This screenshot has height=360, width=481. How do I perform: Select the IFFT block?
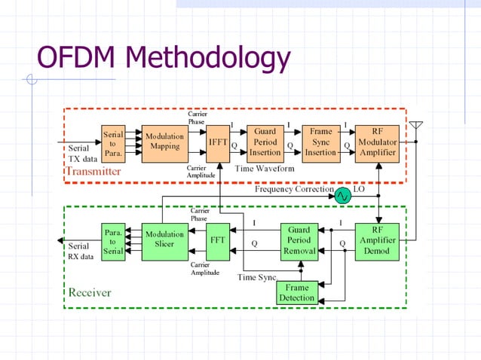[x=218, y=142]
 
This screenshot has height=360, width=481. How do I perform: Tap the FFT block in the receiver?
[x=218, y=242]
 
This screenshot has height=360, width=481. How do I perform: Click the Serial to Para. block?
[x=113, y=142]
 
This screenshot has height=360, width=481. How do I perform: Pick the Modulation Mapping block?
[x=164, y=142]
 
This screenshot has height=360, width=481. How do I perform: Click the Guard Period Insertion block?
[x=265, y=142]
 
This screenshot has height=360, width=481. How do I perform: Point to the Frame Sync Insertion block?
[x=320, y=142]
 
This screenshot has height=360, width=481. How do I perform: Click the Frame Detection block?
[x=297, y=293]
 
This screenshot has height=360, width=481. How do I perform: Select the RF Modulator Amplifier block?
[x=377, y=142]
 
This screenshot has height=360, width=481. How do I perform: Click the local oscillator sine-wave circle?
[x=343, y=195]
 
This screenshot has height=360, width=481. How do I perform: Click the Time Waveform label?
[x=265, y=168]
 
